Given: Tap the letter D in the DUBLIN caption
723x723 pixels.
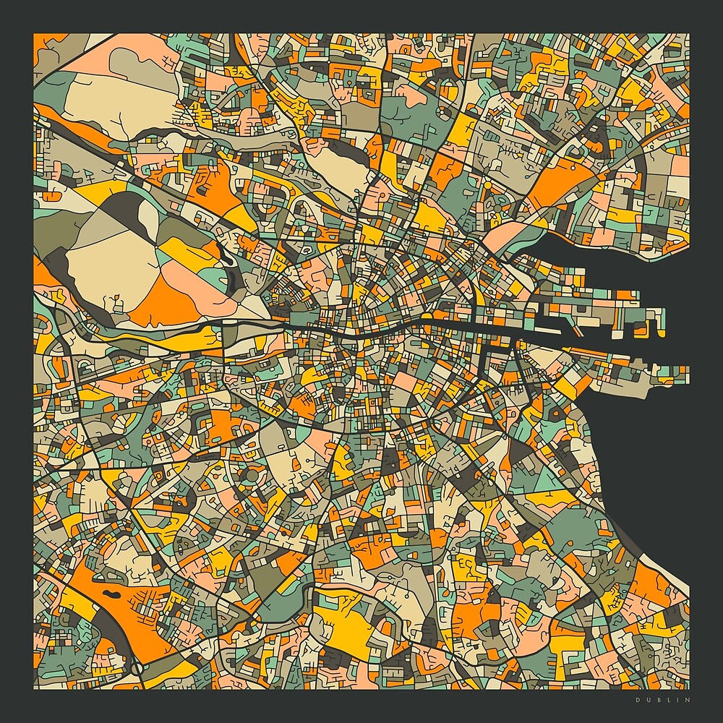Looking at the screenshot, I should pyautogui.click(x=638, y=700).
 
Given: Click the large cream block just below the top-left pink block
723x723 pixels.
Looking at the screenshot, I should pyautogui.click(x=108, y=101).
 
